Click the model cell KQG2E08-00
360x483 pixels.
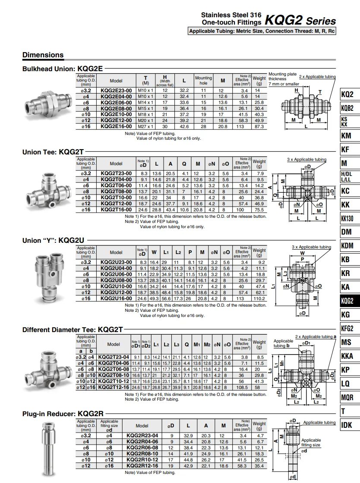116,108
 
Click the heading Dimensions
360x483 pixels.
43,55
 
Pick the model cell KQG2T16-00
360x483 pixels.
116,210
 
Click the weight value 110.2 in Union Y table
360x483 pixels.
259,298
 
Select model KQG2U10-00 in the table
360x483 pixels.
116,286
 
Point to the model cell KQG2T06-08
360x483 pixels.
114,369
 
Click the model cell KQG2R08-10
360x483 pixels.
142,454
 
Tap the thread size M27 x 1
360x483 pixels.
145,126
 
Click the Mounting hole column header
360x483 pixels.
203,80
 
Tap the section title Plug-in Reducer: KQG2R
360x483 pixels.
63,414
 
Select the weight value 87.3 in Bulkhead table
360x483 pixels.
259,126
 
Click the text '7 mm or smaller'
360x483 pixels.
284,84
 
